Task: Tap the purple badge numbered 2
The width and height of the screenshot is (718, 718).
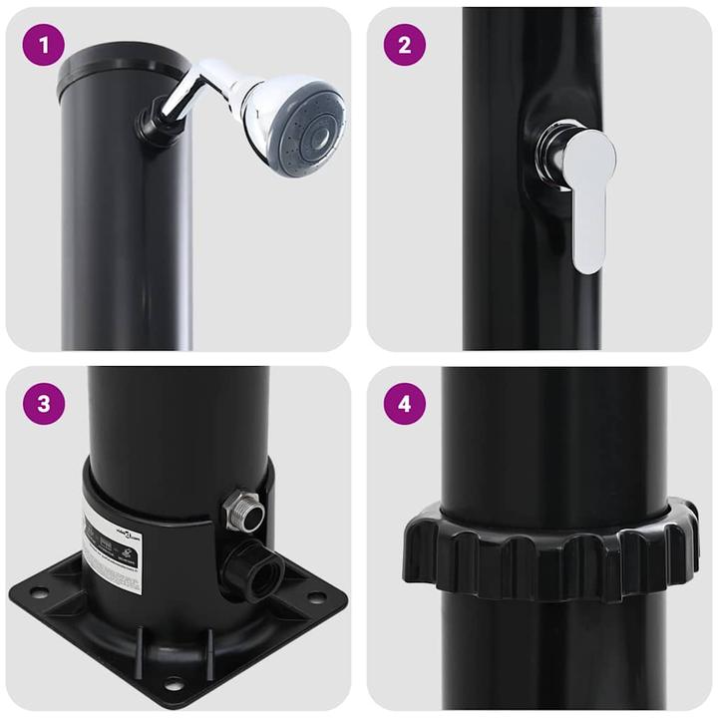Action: point(404,45)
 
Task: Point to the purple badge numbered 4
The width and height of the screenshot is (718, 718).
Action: point(404,404)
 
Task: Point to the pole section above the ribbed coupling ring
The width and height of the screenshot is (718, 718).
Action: point(553,439)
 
